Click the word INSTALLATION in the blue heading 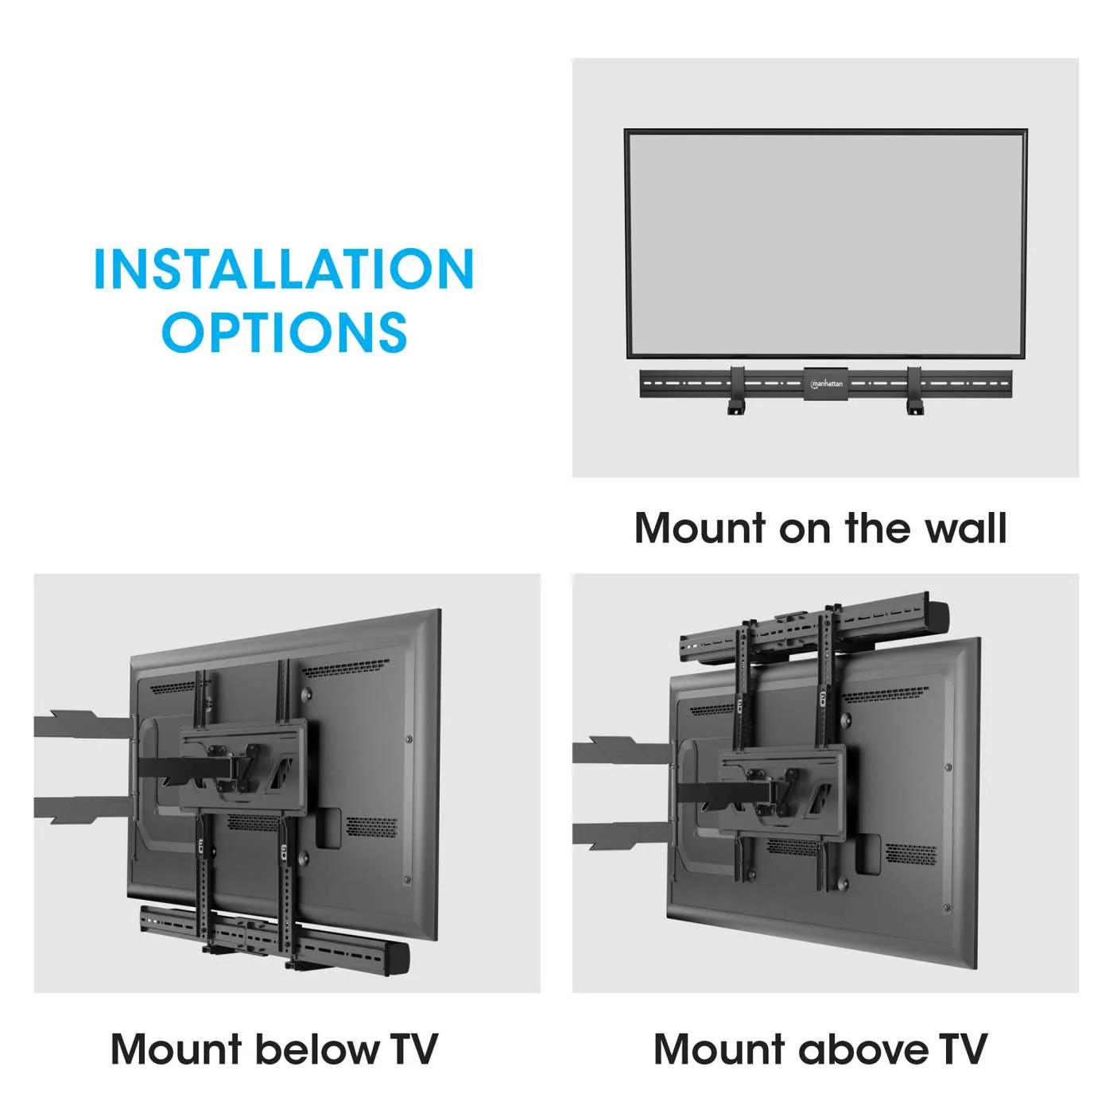(284, 270)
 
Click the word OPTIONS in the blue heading (284, 332)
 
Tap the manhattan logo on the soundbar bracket (826, 384)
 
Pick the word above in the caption (863, 1049)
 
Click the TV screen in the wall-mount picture (825, 243)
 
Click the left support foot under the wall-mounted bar (736, 407)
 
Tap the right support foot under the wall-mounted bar (915, 407)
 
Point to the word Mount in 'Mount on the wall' (700, 529)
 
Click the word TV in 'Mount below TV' (413, 1049)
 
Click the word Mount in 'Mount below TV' (176, 1049)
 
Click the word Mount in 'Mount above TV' (719, 1049)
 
